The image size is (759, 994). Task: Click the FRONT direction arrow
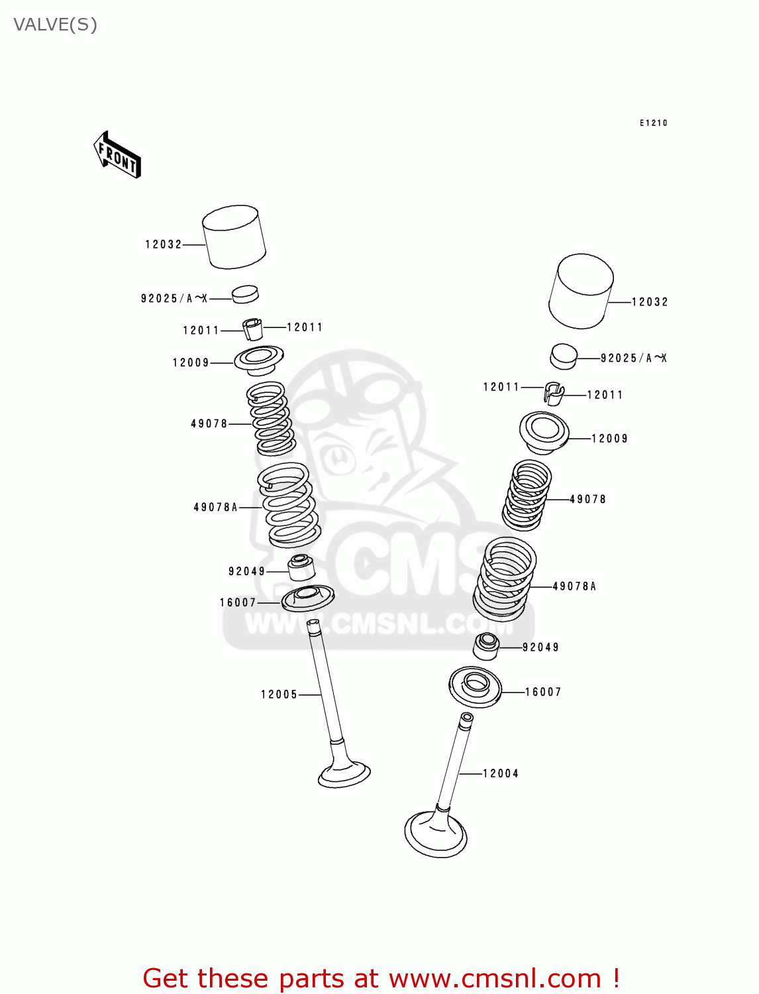point(117,156)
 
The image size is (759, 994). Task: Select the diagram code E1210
point(653,123)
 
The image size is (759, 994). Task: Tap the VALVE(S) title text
point(56,25)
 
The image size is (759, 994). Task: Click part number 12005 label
point(279,694)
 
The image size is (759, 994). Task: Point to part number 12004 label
point(501,773)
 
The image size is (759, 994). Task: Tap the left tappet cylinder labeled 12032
point(234,237)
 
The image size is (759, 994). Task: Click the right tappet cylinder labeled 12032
point(581,291)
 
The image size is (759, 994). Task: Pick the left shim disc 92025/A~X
point(245,294)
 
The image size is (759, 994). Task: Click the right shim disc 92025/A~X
point(564,356)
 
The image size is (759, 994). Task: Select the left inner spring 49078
point(271,419)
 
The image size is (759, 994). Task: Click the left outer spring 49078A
point(289,505)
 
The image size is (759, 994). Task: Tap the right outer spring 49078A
point(505,579)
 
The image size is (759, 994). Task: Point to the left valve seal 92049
point(301,567)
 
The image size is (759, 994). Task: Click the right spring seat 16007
point(475,687)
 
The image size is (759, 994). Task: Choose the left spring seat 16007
point(307,598)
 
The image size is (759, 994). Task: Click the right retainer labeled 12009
point(544,432)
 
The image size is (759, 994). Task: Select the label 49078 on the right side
point(587,500)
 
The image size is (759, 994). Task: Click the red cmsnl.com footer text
point(381,978)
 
